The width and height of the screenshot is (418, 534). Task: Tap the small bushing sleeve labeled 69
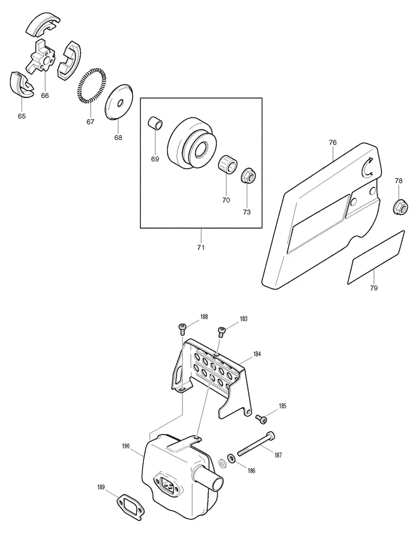click(155, 123)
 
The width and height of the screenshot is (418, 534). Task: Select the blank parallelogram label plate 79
click(376, 257)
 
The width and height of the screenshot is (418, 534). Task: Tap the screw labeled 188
click(182, 329)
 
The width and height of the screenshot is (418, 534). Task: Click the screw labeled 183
click(222, 331)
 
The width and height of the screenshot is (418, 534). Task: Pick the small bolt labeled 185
click(262, 419)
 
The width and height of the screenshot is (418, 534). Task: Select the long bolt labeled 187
click(256, 444)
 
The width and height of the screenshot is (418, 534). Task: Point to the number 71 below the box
click(201, 247)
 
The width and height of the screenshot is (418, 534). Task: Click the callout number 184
click(257, 354)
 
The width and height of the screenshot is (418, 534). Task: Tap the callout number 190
click(126, 446)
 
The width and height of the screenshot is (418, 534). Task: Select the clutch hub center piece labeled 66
click(40, 56)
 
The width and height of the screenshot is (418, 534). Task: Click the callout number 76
click(333, 142)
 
